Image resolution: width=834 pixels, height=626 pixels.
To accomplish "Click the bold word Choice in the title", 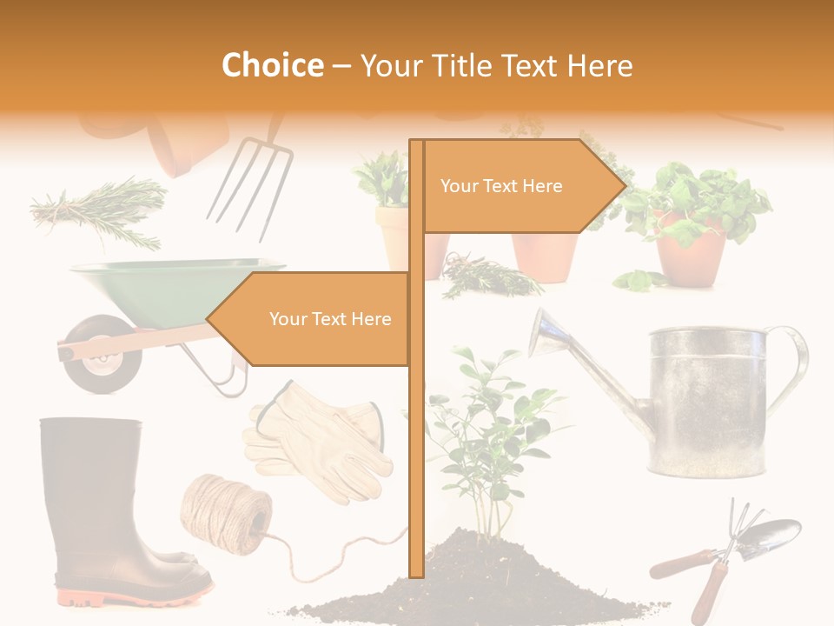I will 272,66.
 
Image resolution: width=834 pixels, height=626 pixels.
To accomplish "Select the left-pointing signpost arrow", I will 313,319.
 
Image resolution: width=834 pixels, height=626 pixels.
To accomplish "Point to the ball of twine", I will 222,512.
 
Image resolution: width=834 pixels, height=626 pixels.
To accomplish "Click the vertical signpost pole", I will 416,435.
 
